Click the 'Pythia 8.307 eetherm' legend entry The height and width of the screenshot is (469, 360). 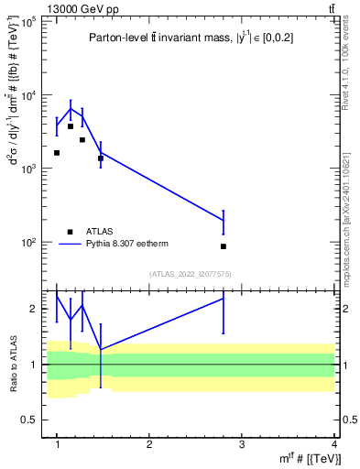pyautogui.click(x=127, y=245)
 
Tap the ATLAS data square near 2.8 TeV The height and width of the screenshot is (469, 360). pyautogui.click(x=224, y=246)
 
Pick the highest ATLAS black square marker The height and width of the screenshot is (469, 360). pyautogui.click(x=71, y=126)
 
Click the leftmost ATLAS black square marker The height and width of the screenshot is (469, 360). pyautogui.click(x=57, y=153)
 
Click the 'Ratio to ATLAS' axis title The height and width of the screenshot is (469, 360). pyautogui.click(x=12, y=365)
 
